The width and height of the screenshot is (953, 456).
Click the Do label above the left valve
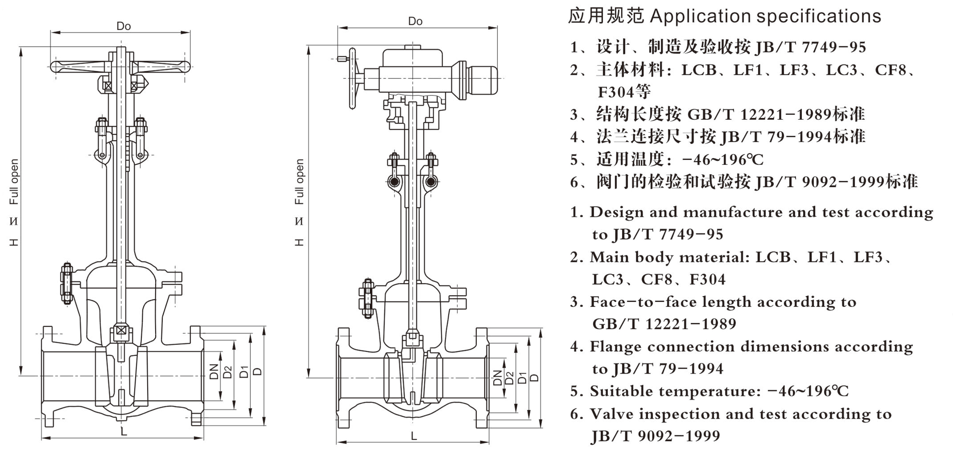point(124,26)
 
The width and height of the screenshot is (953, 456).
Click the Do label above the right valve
point(415,21)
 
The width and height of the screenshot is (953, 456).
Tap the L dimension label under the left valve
point(124,431)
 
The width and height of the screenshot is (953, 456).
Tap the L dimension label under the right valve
point(414,436)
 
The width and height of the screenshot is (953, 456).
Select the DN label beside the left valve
point(214,371)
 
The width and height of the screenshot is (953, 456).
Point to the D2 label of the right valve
point(510,378)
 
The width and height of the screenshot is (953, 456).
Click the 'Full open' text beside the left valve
point(15,182)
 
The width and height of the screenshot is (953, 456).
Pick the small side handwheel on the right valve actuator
point(352,78)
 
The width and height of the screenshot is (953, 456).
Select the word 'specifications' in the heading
point(819,16)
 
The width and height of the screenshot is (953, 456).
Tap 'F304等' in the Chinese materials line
point(624,92)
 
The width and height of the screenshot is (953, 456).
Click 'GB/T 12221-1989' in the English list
point(664,324)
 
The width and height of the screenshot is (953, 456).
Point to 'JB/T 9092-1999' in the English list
point(655,436)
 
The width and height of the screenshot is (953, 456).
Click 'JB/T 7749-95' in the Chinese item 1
point(810,47)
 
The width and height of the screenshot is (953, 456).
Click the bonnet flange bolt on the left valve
point(67,283)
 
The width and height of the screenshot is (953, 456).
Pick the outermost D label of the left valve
point(258,371)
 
